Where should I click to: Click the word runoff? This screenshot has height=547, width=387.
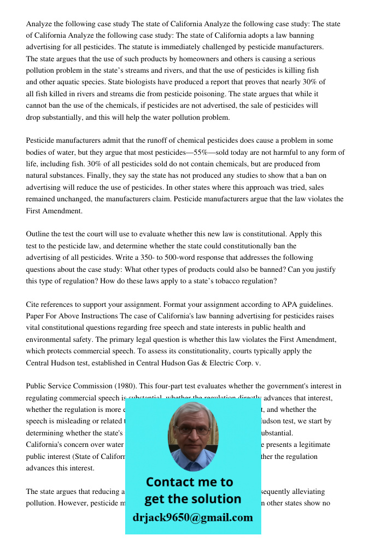[150, 141]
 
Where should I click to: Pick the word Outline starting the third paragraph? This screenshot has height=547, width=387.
[38, 234]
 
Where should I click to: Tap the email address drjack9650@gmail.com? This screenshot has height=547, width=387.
[192, 517]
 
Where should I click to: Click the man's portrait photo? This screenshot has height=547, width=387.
[192, 436]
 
